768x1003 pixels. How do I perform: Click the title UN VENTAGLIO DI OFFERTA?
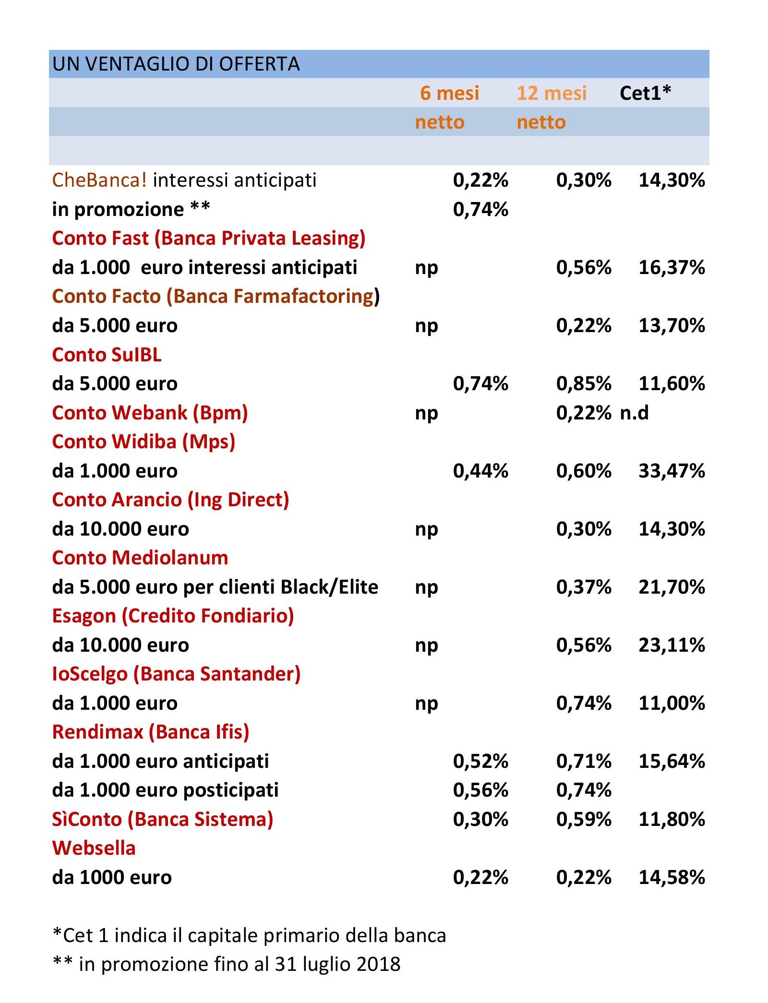[x=176, y=64]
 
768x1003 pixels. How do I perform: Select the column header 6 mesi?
[x=449, y=93]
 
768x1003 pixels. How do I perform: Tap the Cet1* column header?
[x=645, y=93]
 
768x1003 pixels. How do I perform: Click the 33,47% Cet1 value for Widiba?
[x=672, y=471]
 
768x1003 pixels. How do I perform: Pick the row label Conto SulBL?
[x=107, y=355]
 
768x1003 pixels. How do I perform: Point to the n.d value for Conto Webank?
[x=634, y=413]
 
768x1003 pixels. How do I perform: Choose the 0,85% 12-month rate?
[x=584, y=384]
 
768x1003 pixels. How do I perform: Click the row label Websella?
[x=94, y=848]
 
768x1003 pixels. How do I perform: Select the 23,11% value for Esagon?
[x=672, y=645]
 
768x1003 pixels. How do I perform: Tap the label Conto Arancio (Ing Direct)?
[x=170, y=500]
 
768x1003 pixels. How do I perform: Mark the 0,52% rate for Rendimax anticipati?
[x=480, y=761]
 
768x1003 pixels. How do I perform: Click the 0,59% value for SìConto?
[x=584, y=819]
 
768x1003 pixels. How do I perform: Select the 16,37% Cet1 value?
[x=672, y=267]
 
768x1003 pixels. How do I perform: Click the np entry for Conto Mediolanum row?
[x=426, y=587]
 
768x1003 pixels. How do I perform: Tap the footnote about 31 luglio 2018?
[x=227, y=964]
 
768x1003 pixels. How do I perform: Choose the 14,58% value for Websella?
[x=672, y=877]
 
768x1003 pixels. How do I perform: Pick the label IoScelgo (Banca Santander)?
[x=176, y=674]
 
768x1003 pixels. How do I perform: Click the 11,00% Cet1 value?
[x=672, y=703]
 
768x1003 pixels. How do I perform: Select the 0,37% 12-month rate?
[x=584, y=587]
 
